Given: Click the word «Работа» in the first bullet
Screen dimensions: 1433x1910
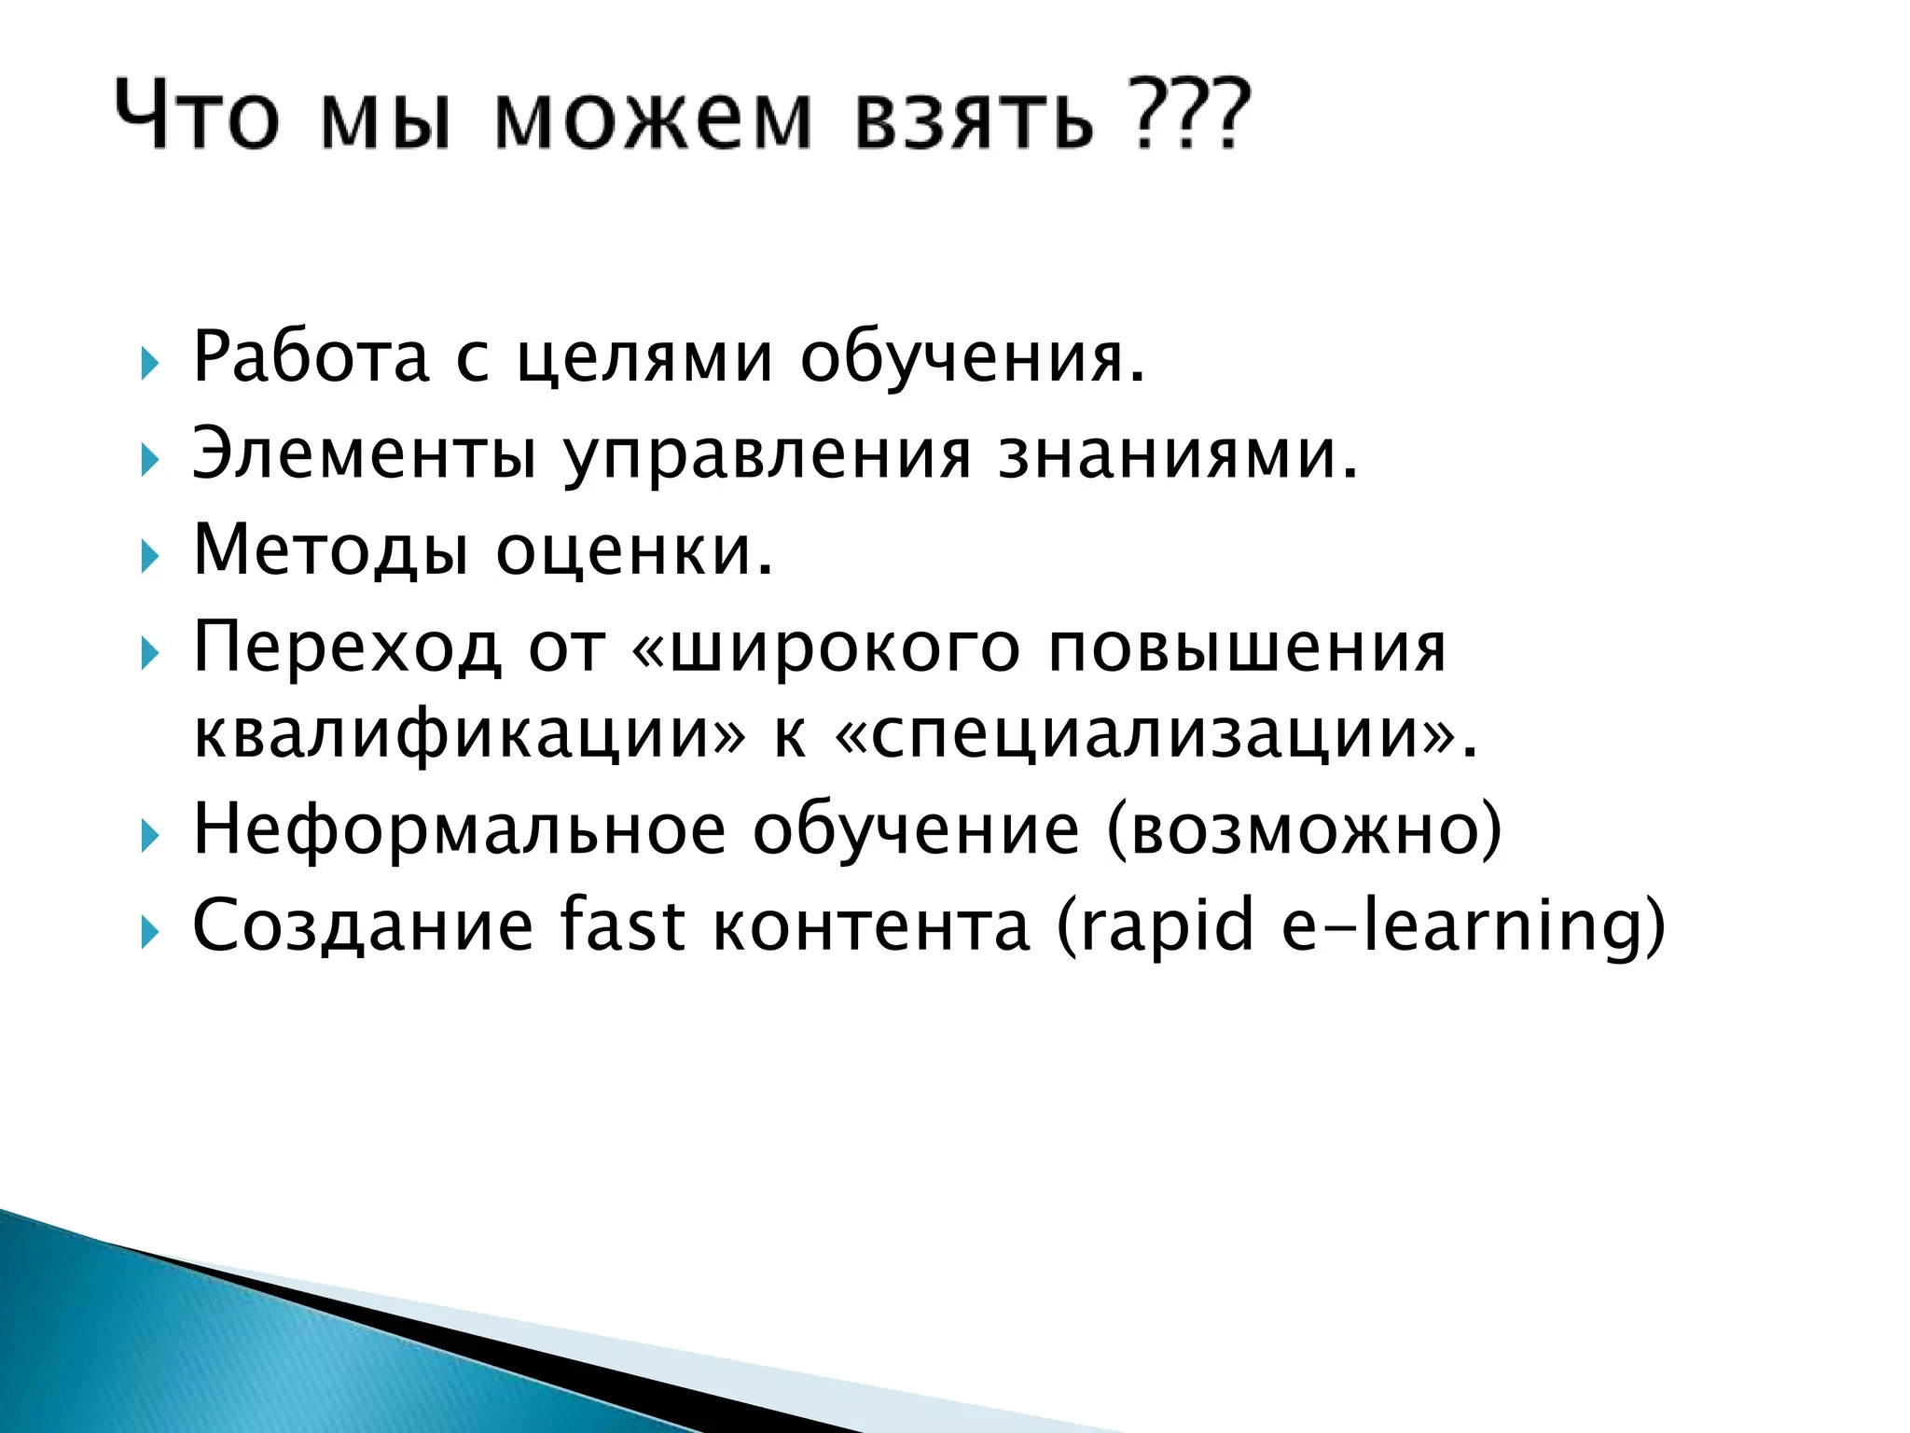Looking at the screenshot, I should [311, 357].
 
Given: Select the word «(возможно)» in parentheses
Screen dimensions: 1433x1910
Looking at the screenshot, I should [1304, 830].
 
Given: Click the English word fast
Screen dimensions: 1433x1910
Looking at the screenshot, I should [622, 925].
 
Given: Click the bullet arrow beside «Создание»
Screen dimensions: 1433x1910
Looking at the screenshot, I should [149, 932].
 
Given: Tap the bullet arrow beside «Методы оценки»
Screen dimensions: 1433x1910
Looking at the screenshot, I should [149, 558].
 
